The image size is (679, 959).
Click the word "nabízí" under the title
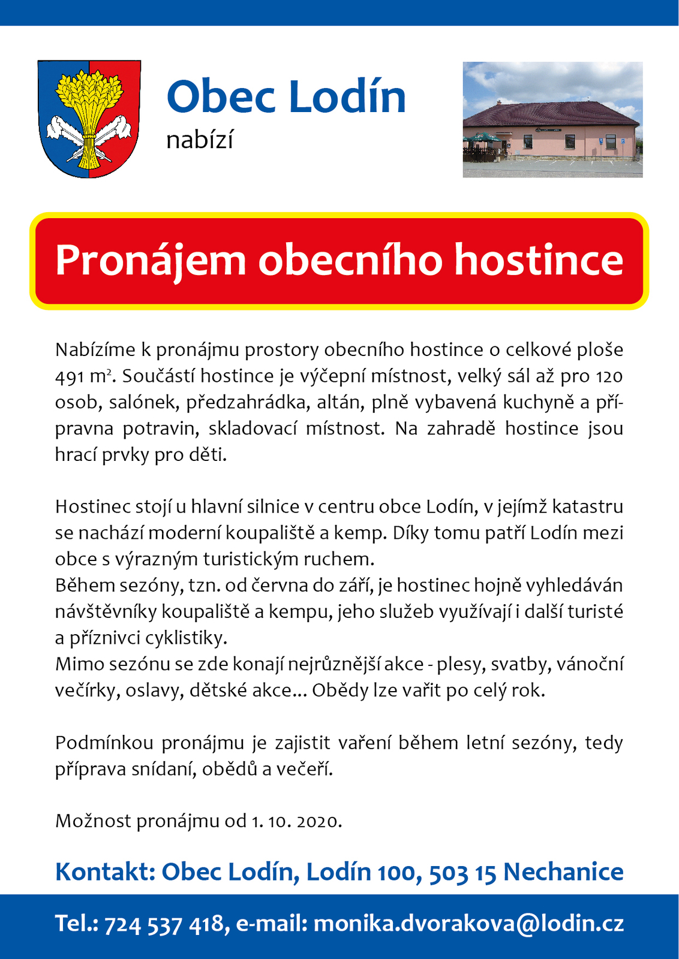point(199,140)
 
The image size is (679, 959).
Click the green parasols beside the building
point(483,139)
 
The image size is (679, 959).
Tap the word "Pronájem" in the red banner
point(151,261)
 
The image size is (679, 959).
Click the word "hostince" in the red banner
point(538,261)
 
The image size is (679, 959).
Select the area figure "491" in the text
point(69,376)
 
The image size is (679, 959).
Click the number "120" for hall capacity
point(609,376)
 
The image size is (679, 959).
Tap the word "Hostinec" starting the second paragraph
point(93,507)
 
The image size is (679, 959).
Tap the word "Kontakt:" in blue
point(105,872)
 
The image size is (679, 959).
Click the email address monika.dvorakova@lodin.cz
point(468,924)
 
